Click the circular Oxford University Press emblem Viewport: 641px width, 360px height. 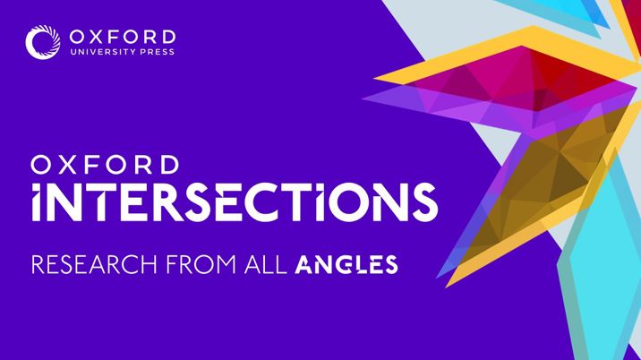[42, 42]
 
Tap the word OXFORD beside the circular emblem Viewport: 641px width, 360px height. [123, 37]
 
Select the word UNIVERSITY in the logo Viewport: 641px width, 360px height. [103, 52]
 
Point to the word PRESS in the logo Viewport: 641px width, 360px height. [158, 52]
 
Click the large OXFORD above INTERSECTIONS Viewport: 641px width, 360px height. [105, 165]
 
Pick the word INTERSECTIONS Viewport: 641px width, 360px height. [235, 202]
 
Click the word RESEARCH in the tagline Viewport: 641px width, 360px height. [94, 265]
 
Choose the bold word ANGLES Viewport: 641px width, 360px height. [346, 265]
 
